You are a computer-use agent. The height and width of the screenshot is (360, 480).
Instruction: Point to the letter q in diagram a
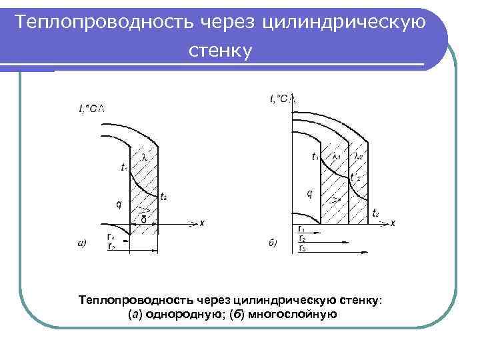coord(119,205)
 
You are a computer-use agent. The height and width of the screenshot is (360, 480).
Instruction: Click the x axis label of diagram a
coord(201,223)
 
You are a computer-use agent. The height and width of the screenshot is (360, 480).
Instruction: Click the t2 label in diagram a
coord(164,196)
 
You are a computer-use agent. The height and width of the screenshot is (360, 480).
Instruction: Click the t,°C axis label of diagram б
coord(279,99)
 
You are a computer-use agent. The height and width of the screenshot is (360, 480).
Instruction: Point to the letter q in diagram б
coord(309,194)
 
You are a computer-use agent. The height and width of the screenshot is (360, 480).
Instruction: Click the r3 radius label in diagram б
coord(302,248)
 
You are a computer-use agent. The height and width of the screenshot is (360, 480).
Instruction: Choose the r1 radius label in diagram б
coord(302,229)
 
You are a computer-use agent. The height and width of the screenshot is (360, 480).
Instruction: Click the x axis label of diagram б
coord(393,223)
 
